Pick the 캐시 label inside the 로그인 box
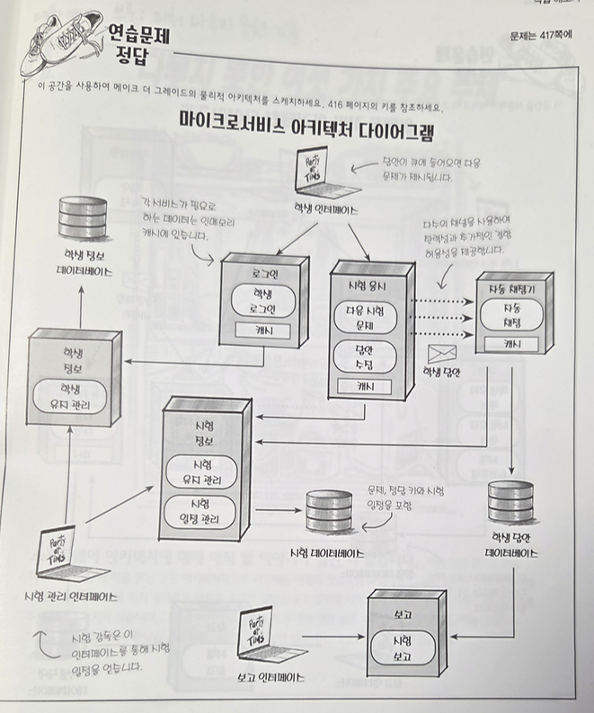(261, 331)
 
